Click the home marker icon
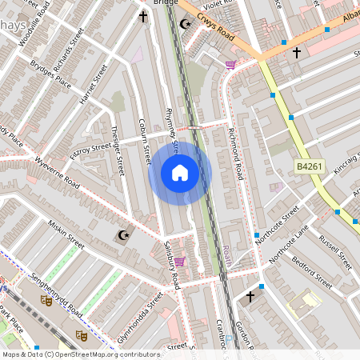coord(180,173)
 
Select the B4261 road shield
coord(307,166)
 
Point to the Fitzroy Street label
coord(90,147)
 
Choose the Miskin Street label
coord(66,232)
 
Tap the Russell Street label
coord(335,250)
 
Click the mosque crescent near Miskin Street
coord(122,235)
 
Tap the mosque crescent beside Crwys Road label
coord(186,23)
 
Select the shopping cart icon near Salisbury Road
coord(180,261)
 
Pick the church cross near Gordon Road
coord(250,297)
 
